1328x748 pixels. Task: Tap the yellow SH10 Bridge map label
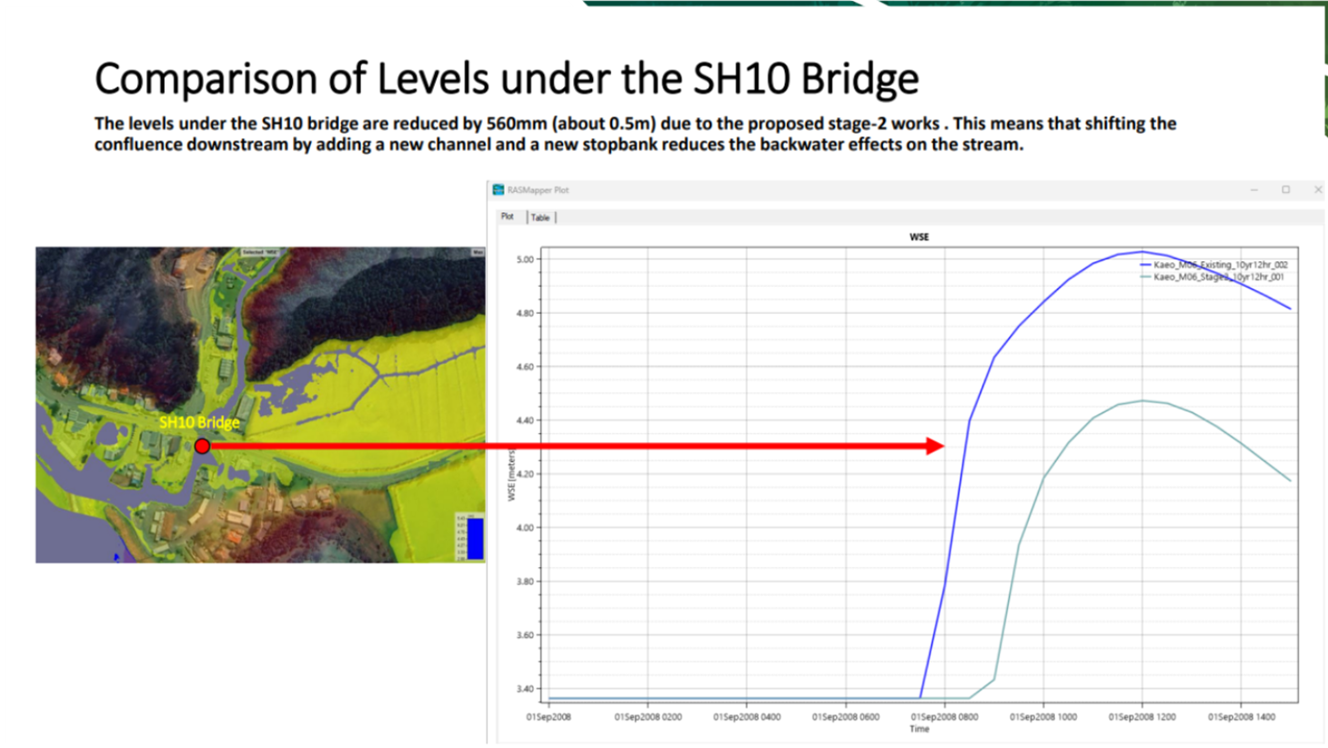(x=199, y=422)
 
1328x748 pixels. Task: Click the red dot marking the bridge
(x=202, y=446)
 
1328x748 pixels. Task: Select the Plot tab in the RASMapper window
(x=508, y=217)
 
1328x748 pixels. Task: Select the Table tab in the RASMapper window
(x=540, y=217)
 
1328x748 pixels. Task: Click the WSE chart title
(x=919, y=237)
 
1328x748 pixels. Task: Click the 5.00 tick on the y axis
(x=525, y=259)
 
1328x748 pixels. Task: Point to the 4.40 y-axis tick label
(x=525, y=420)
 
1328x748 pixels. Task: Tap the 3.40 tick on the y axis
(x=525, y=689)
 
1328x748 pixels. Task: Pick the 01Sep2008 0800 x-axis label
(x=944, y=717)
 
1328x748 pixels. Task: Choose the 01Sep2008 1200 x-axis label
(x=1142, y=717)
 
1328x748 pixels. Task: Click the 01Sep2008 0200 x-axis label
(x=648, y=717)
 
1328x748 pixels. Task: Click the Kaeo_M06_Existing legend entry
(x=1220, y=265)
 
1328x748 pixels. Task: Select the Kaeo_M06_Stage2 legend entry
(x=1218, y=277)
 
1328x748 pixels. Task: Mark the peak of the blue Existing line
(x=1142, y=252)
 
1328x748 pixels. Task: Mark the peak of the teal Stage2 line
(x=1142, y=400)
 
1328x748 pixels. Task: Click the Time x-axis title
(x=920, y=729)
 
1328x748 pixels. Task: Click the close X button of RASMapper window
(x=1318, y=189)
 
